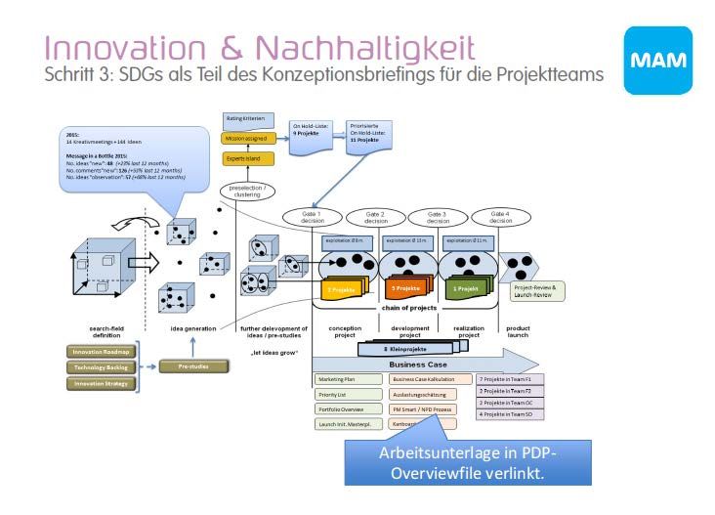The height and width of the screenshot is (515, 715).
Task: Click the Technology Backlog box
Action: coord(98,367)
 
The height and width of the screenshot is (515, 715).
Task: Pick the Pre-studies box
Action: coord(199,366)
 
